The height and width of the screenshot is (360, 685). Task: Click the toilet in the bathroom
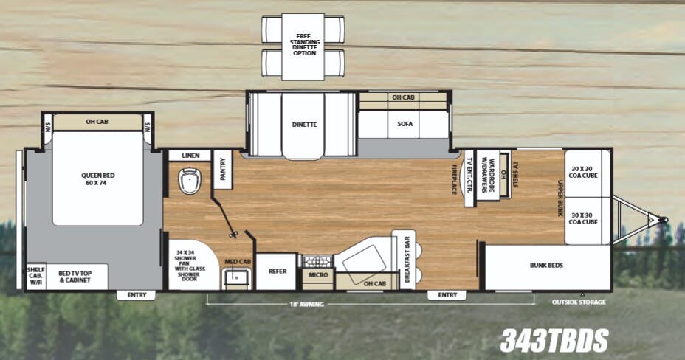(190, 180)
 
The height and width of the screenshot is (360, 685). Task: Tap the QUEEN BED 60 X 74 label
(97, 180)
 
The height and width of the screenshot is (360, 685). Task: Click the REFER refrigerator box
(277, 271)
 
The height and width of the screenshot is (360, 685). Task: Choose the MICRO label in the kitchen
(318, 276)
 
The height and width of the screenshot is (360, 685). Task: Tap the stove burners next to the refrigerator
(318, 260)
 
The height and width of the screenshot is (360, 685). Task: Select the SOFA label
(405, 124)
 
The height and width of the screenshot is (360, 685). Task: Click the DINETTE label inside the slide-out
(303, 125)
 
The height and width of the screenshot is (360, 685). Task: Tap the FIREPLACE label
(455, 179)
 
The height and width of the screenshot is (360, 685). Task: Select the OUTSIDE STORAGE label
(579, 302)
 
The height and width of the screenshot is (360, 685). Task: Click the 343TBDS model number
(554, 340)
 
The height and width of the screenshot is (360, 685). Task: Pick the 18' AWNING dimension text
(307, 303)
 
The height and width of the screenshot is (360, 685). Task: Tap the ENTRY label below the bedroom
(136, 295)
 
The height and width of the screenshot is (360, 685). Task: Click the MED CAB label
(238, 261)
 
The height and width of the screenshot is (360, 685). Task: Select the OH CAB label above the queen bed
(97, 122)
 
